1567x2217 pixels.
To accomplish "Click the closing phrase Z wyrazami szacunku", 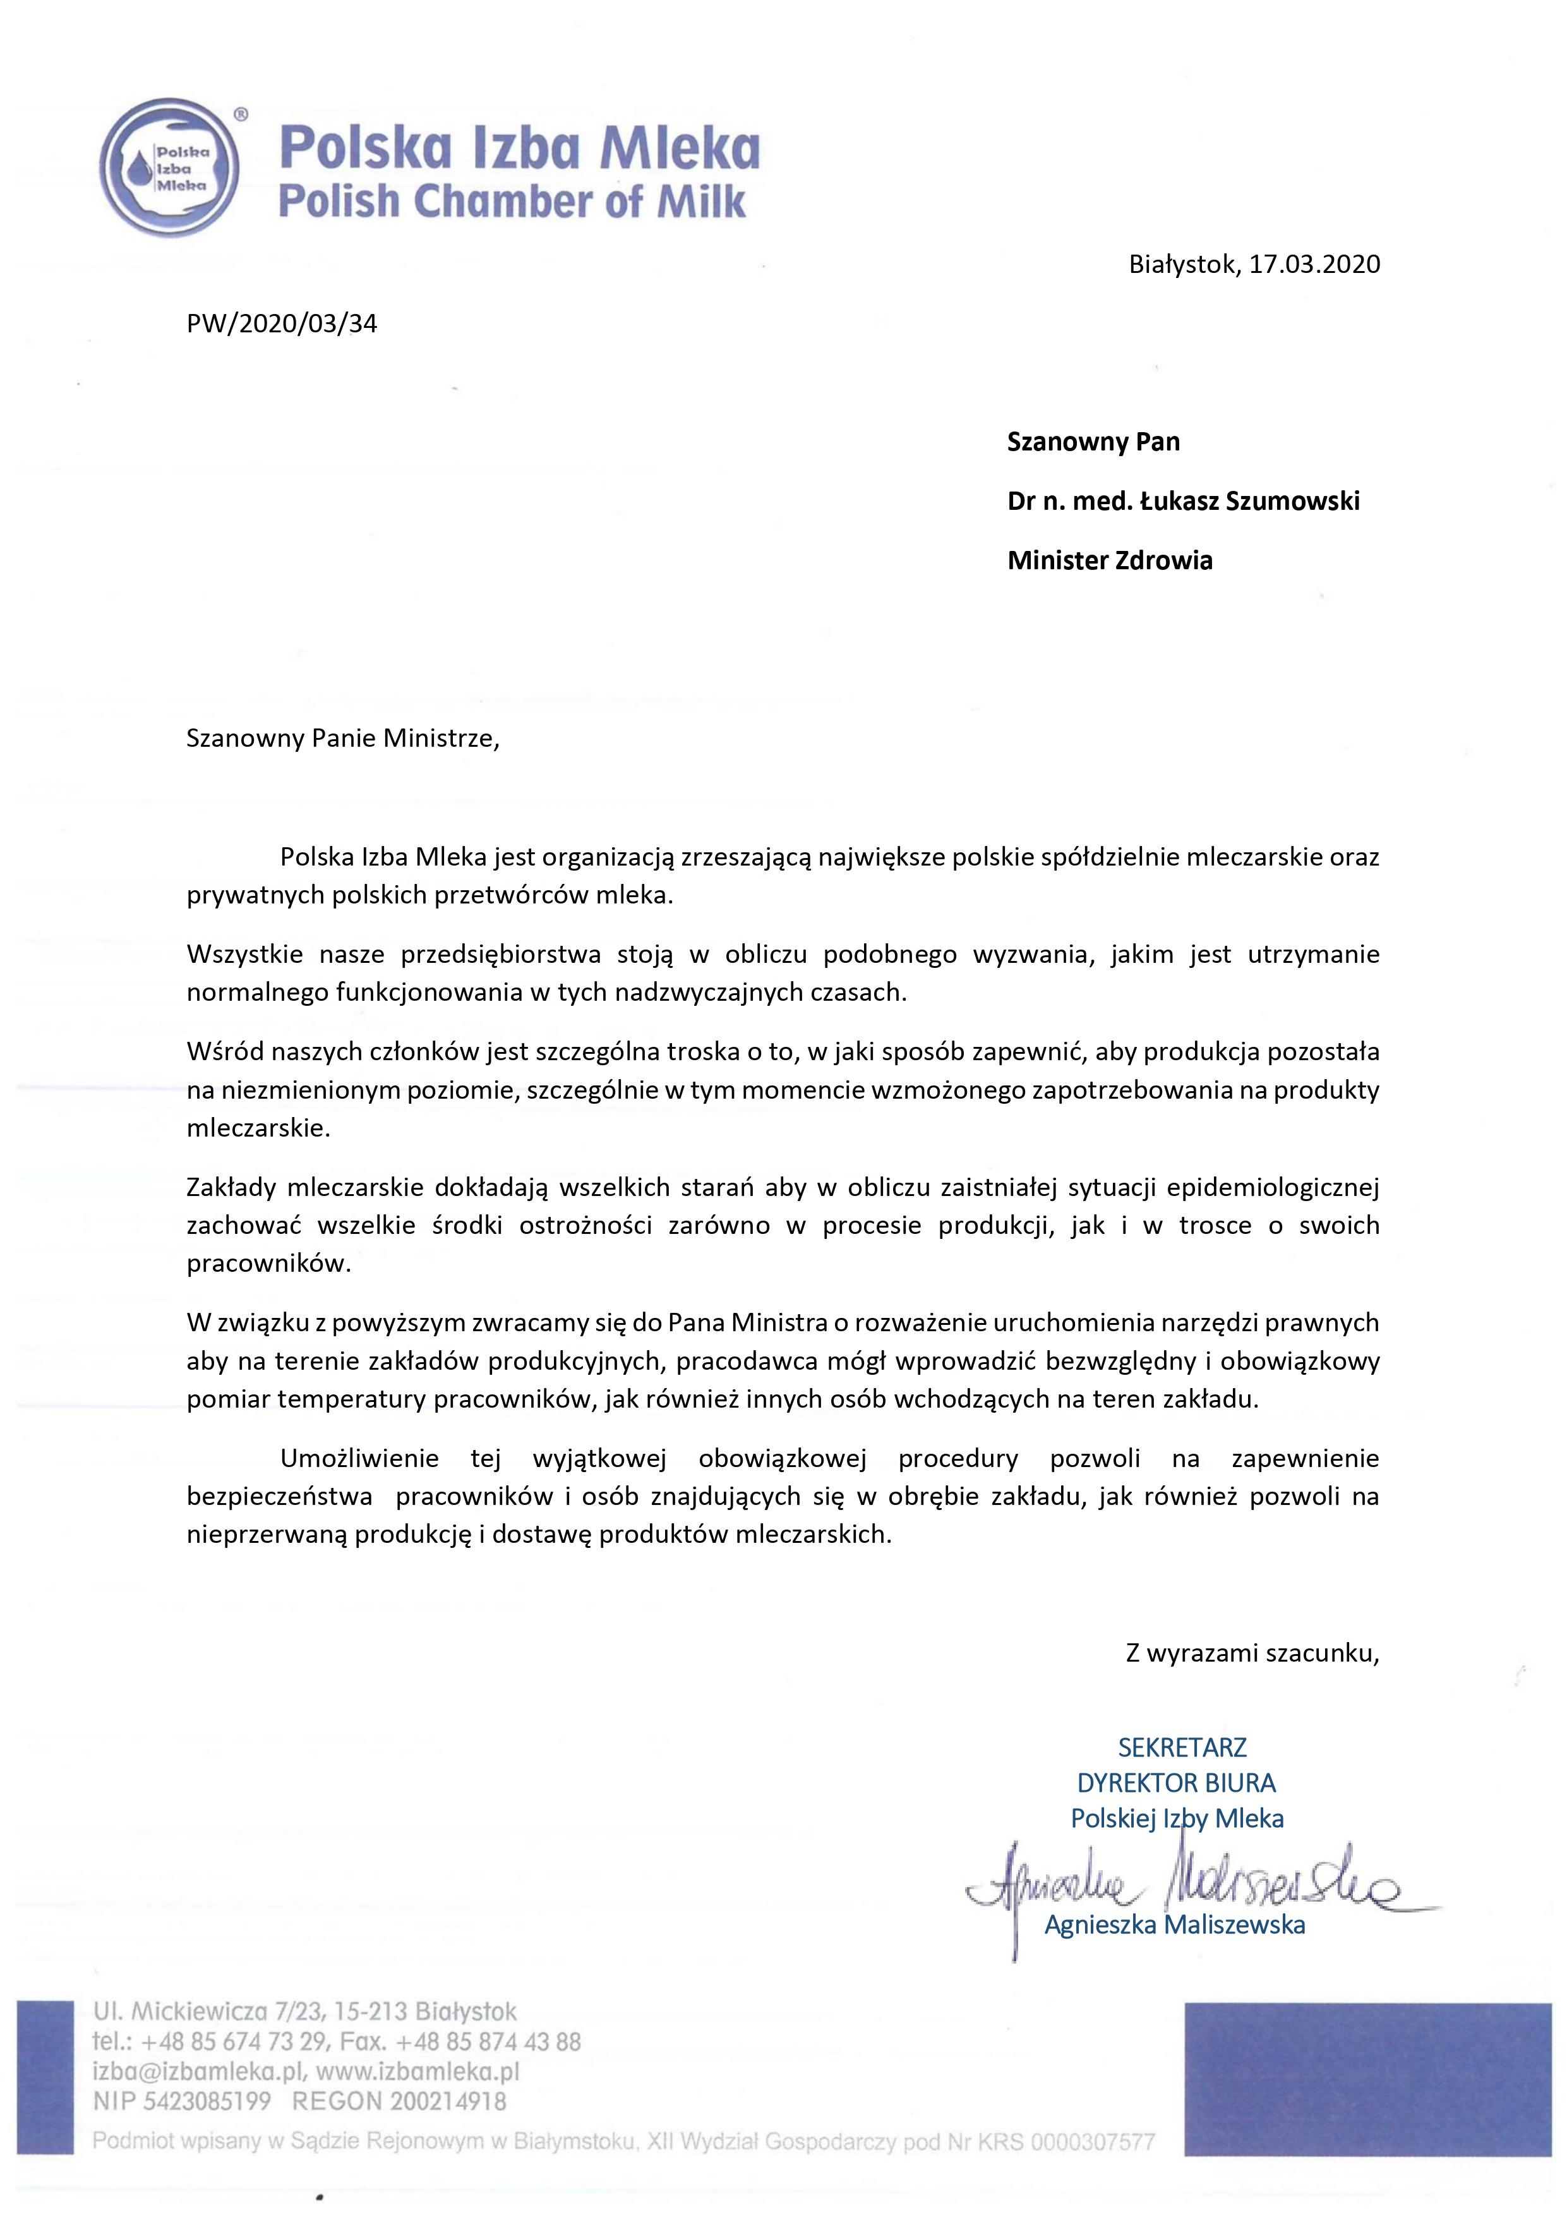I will pyautogui.click(x=1252, y=1652).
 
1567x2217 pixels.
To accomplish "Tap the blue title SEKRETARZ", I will pyautogui.click(x=1182, y=1747).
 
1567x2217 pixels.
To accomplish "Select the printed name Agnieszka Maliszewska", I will pyautogui.click(x=1174, y=1924).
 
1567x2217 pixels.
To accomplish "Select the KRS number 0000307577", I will pyautogui.click(x=1092, y=2142).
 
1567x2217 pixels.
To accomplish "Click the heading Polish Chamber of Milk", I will pyautogui.click(x=512, y=201).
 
